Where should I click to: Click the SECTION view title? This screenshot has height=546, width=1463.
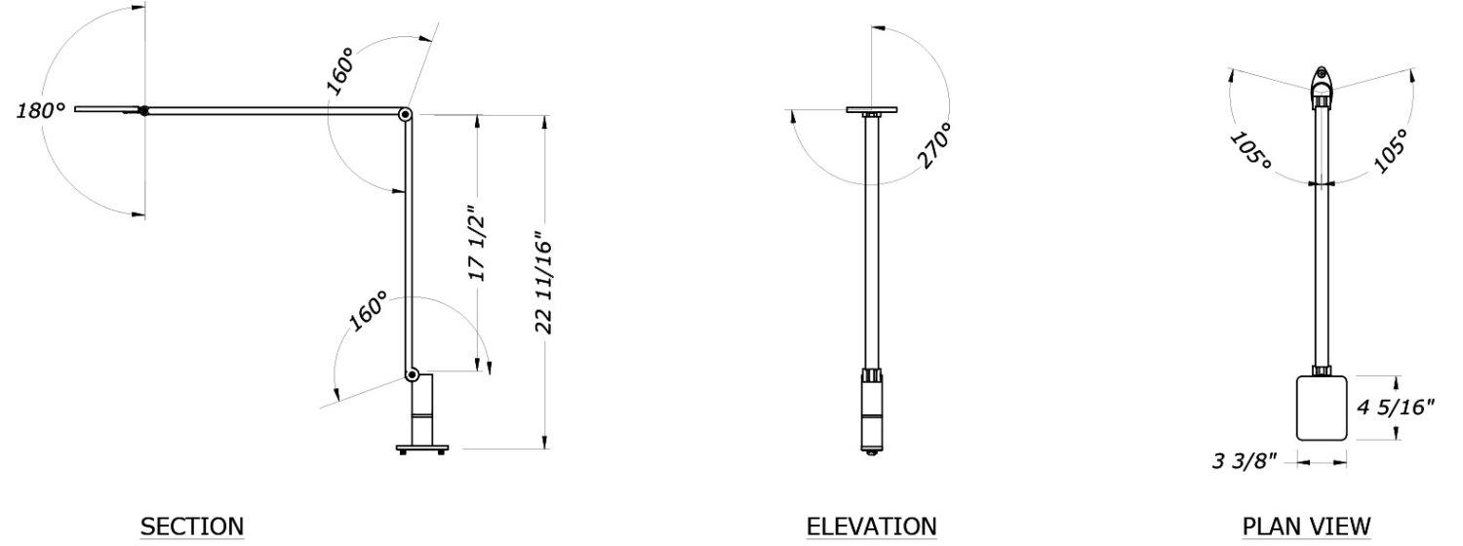(192, 526)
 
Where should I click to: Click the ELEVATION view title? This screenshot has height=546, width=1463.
(871, 526)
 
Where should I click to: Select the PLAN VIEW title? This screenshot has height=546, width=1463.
(1306, 526)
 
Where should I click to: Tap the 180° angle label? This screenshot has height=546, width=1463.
(40, 111)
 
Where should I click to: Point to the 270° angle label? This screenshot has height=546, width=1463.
(932, 146)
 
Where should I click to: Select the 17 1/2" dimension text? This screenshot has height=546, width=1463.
(477, 244)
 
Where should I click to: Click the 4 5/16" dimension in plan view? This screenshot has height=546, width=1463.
(1396, 408)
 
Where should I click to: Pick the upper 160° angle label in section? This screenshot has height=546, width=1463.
(340, 70)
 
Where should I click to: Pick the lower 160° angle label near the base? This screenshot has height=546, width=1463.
(368, 311)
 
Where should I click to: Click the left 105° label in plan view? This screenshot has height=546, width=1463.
(1250, 149)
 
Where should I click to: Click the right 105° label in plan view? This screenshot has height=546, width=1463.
(1389, 149)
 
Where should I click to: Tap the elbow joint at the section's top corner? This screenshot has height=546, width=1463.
(405, 115)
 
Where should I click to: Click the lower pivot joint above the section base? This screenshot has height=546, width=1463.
(413, 373)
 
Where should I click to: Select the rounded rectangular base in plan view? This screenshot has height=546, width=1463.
(1322, 408)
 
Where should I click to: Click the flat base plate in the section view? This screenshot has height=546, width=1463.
(421, 448)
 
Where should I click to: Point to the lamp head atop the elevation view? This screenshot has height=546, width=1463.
(872, 110)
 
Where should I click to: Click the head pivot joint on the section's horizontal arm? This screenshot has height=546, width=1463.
(144, 111)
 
